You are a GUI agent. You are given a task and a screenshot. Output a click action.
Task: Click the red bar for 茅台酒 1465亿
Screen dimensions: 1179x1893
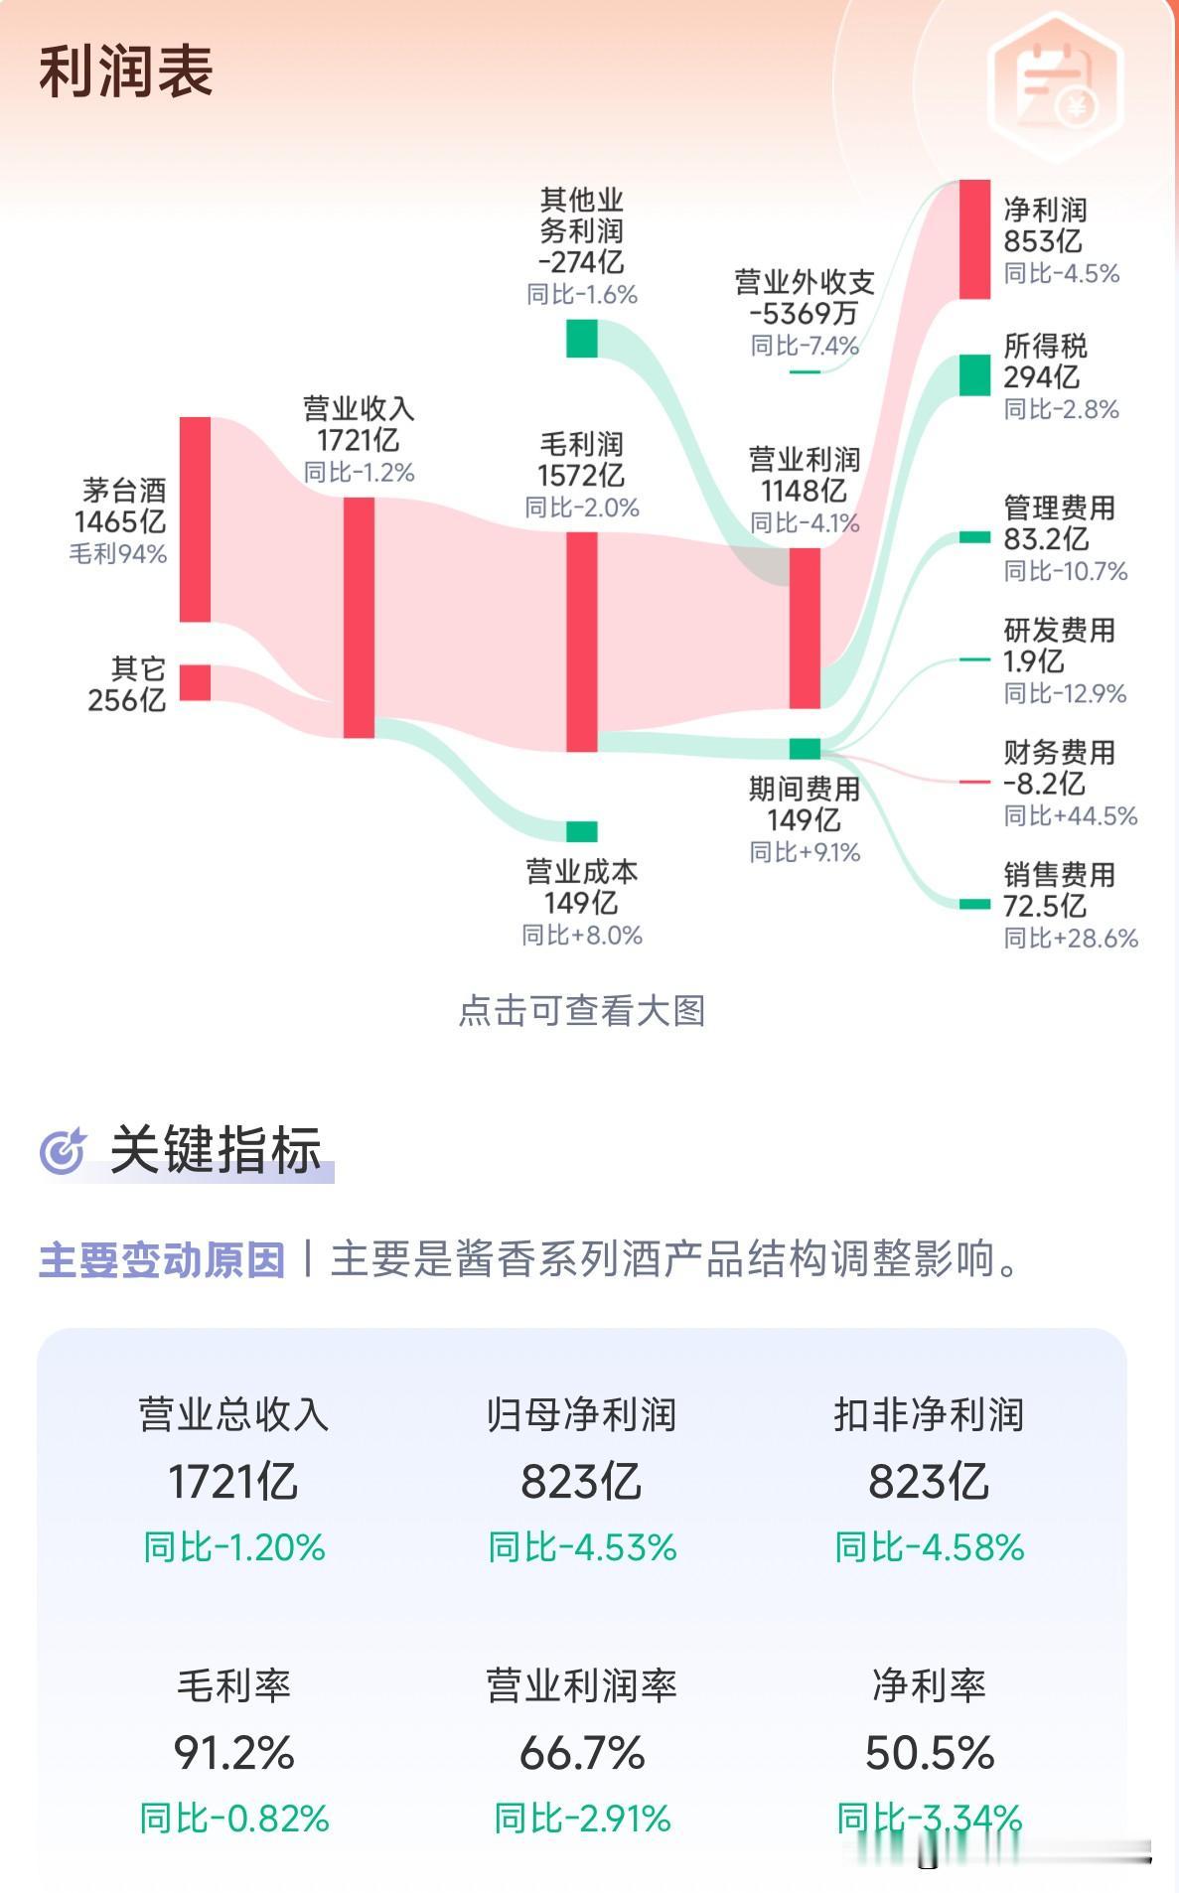(x=195, y=519)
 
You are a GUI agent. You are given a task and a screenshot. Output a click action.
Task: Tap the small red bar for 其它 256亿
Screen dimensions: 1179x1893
(x=195, y=682)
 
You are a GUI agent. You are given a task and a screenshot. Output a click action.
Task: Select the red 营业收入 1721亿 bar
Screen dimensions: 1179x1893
(x=359, y=617)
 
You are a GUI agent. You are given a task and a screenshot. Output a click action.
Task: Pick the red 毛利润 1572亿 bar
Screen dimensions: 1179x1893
(x=582, y=642)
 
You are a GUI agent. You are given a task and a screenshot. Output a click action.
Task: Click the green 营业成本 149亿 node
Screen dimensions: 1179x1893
(x=582, y=831)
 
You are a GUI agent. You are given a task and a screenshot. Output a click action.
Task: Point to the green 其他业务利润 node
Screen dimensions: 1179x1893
(x=582, y=339)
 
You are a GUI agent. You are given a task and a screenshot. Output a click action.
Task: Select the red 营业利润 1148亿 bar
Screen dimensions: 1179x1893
(x=805, y=628)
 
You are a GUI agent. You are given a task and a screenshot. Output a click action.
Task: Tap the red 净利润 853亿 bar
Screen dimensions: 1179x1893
(x=974, y=239)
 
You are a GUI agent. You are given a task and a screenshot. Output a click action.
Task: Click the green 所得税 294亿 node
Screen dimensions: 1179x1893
(x=974, y=375)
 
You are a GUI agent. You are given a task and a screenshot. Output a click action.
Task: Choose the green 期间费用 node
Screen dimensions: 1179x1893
(x=805, y=749)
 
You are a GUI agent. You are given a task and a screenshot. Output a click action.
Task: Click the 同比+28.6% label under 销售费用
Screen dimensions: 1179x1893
(x=1070, y=938)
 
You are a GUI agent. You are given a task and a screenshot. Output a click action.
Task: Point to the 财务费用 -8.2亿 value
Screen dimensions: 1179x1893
(x=1043, y=784)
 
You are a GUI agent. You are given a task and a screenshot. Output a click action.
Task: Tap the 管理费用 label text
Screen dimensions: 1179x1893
(x=1059, y=509)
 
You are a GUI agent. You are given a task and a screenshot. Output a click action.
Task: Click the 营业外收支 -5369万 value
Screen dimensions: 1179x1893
(x=804, y=314)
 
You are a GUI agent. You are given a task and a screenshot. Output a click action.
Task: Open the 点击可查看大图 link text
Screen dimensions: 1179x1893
(x=582, y=1011)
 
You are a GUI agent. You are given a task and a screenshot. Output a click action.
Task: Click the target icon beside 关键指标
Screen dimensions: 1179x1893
(x=64, y=1151)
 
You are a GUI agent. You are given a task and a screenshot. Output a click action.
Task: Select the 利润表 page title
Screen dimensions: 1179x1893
(x=126, y=72)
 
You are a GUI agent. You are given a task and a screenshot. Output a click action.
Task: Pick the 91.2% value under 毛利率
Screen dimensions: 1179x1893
(x=234, y=1753)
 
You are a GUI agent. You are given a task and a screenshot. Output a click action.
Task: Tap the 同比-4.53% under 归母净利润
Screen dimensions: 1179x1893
(x=582, y=1547)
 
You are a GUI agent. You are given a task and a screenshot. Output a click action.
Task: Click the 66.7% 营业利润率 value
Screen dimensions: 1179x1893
(x=582, y=1753)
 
